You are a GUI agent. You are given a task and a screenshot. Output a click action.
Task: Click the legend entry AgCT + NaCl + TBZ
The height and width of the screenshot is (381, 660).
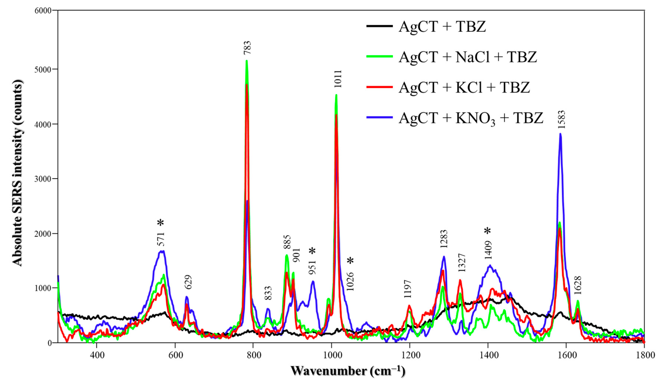467,57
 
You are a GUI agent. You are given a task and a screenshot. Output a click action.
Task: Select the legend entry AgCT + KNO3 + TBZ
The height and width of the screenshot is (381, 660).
471,118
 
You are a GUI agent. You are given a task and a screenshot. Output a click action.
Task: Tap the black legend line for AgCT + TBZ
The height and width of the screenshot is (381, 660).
379,26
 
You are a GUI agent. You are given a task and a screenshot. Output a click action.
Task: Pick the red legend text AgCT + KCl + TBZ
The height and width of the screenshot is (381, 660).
464,87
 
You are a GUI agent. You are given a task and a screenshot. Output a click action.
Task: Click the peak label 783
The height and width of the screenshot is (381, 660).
247,48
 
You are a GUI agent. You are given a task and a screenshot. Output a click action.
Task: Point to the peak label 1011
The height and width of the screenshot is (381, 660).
338,79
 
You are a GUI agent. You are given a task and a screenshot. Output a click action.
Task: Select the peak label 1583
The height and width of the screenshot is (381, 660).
561,119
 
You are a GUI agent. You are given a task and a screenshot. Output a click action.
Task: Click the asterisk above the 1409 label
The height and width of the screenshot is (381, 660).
487,231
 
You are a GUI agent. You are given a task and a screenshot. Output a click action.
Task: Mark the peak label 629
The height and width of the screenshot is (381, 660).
188,282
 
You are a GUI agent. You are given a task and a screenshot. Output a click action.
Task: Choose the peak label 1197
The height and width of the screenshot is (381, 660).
408,289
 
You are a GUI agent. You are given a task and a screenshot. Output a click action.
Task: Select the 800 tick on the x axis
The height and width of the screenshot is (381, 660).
253,356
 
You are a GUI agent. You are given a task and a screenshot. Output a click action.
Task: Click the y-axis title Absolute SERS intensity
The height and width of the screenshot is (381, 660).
18,173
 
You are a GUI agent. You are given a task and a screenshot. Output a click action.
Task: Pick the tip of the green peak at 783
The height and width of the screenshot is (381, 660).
246,61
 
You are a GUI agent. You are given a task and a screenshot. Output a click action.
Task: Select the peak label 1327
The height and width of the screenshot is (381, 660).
462,262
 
